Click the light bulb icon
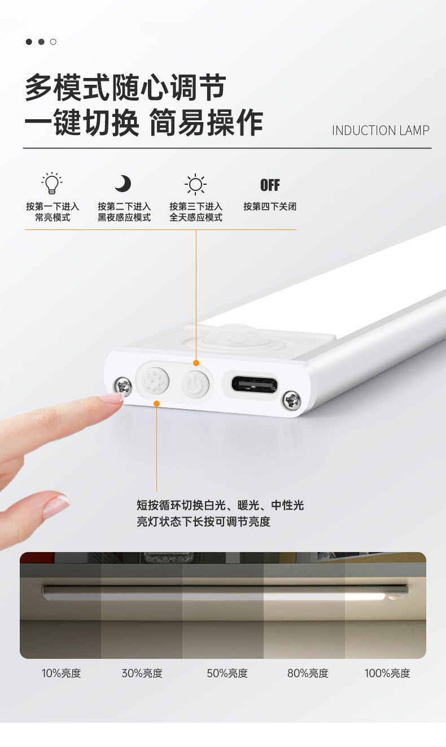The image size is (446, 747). (52, 183)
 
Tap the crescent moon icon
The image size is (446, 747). (123, 183)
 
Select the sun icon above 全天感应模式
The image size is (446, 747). (195, 184)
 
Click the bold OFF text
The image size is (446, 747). (270, 185)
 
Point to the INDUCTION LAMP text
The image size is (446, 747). (381, 131)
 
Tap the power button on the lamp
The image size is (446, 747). (195, 385)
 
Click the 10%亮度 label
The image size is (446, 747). (61, 673)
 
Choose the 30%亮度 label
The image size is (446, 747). (142, 673)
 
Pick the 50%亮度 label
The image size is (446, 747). (227, 673)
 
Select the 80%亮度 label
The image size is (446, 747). (307, 673)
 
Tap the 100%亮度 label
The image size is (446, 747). (387, 673)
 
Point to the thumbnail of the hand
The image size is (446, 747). (56, 506)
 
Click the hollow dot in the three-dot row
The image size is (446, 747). (53, 42)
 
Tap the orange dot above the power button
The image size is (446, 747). (196, 363)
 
